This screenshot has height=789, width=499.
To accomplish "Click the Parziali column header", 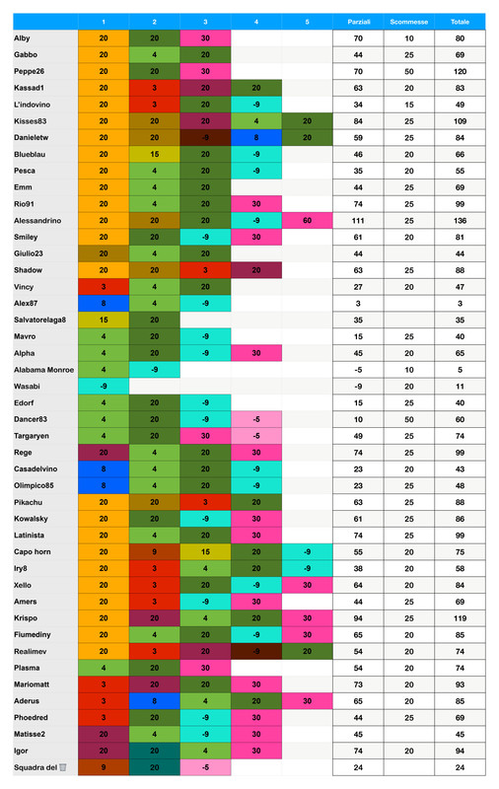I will (358, 21).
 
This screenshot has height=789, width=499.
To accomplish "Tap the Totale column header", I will (460, 21).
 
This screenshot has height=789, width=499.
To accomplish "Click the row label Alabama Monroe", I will (43, 369).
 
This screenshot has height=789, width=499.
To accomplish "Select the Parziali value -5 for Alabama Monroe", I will (358, 369).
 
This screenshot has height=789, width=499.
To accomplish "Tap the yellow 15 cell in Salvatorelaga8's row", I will (104, 320).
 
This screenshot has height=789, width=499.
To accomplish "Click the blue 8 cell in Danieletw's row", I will (255, 137).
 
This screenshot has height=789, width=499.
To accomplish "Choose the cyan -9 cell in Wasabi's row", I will (104, 386).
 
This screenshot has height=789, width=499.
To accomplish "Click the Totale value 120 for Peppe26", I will (460, 71).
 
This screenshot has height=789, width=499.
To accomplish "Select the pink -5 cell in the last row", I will (205, 766).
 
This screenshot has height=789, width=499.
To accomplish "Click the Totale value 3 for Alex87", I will (460, 303).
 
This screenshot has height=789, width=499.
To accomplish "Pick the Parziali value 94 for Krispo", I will (358, 617).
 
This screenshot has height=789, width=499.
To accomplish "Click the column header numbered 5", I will (307, 21).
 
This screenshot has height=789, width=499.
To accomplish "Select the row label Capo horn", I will (34, 551).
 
